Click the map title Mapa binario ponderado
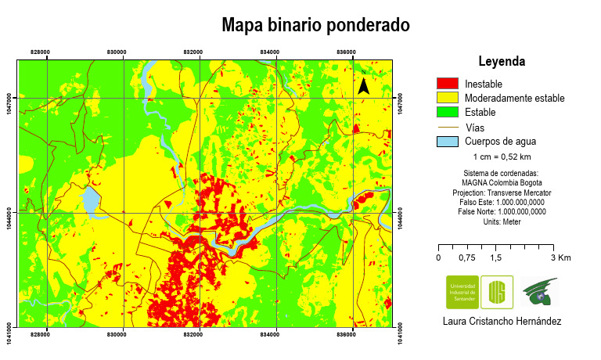pos(315,25)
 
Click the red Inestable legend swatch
pos(447,84)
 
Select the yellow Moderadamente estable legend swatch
pos(447,98)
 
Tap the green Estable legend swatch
pos(447,112)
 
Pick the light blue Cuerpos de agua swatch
pos(447,142)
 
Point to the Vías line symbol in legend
pos(447,127)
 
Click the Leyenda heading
pos(501,61)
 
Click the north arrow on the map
pos(364,82)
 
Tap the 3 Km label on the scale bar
pos(560,257)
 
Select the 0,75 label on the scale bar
pos(467,257)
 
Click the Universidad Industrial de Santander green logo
pos(461,293)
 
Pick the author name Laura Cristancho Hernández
pos(502,321)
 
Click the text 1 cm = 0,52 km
pos(501,157)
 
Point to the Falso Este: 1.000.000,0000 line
pos(502,202)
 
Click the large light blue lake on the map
pos(92,201)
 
